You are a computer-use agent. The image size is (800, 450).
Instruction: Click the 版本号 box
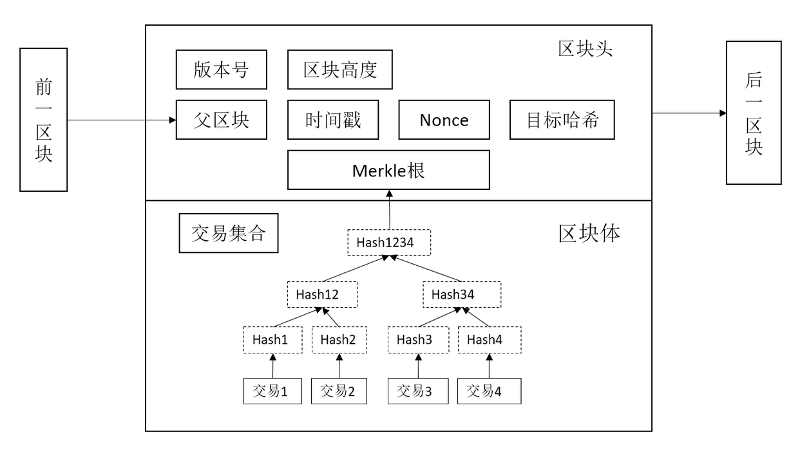click(x=221, y=70)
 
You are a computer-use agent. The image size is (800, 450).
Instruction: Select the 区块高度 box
click(x=339, y=70)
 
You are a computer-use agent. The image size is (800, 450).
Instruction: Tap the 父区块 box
click(x=221, y=120)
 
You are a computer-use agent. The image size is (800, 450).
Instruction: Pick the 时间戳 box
click(x=332, y=120)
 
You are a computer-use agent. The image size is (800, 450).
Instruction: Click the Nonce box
click(x=444, y=120)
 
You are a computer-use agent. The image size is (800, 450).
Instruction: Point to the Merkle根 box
click(x=388, y=170)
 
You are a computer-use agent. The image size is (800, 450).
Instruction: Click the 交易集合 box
click(x=228, y=234)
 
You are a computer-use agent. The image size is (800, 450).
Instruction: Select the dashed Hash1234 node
click(x=388, y=242)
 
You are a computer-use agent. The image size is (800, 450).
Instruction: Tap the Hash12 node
click(x=322, y=294)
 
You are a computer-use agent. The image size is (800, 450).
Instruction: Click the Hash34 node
click(x=461, y=294)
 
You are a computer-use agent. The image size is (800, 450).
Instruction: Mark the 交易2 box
click(x=339, y=391)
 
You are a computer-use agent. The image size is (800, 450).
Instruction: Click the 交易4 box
click(x=490, y=391)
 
